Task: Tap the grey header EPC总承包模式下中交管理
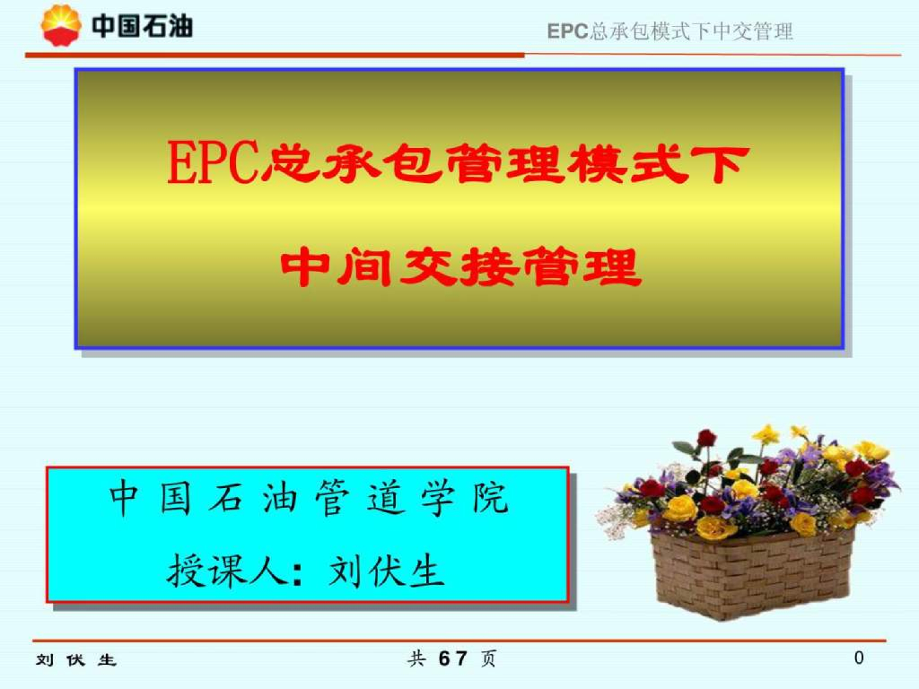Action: [670, 31]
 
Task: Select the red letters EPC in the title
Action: [212, 163]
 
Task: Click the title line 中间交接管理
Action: [460, 266]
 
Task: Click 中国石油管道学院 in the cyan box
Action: [308, 499]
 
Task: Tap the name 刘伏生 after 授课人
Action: [387, 568]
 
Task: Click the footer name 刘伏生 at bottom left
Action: [76, 660]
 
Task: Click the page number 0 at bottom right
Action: [859, 658]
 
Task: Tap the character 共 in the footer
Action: [416, 659]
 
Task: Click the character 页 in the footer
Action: [488, 659]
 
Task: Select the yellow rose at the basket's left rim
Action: [679, 509]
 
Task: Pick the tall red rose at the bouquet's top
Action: [707, 439]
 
